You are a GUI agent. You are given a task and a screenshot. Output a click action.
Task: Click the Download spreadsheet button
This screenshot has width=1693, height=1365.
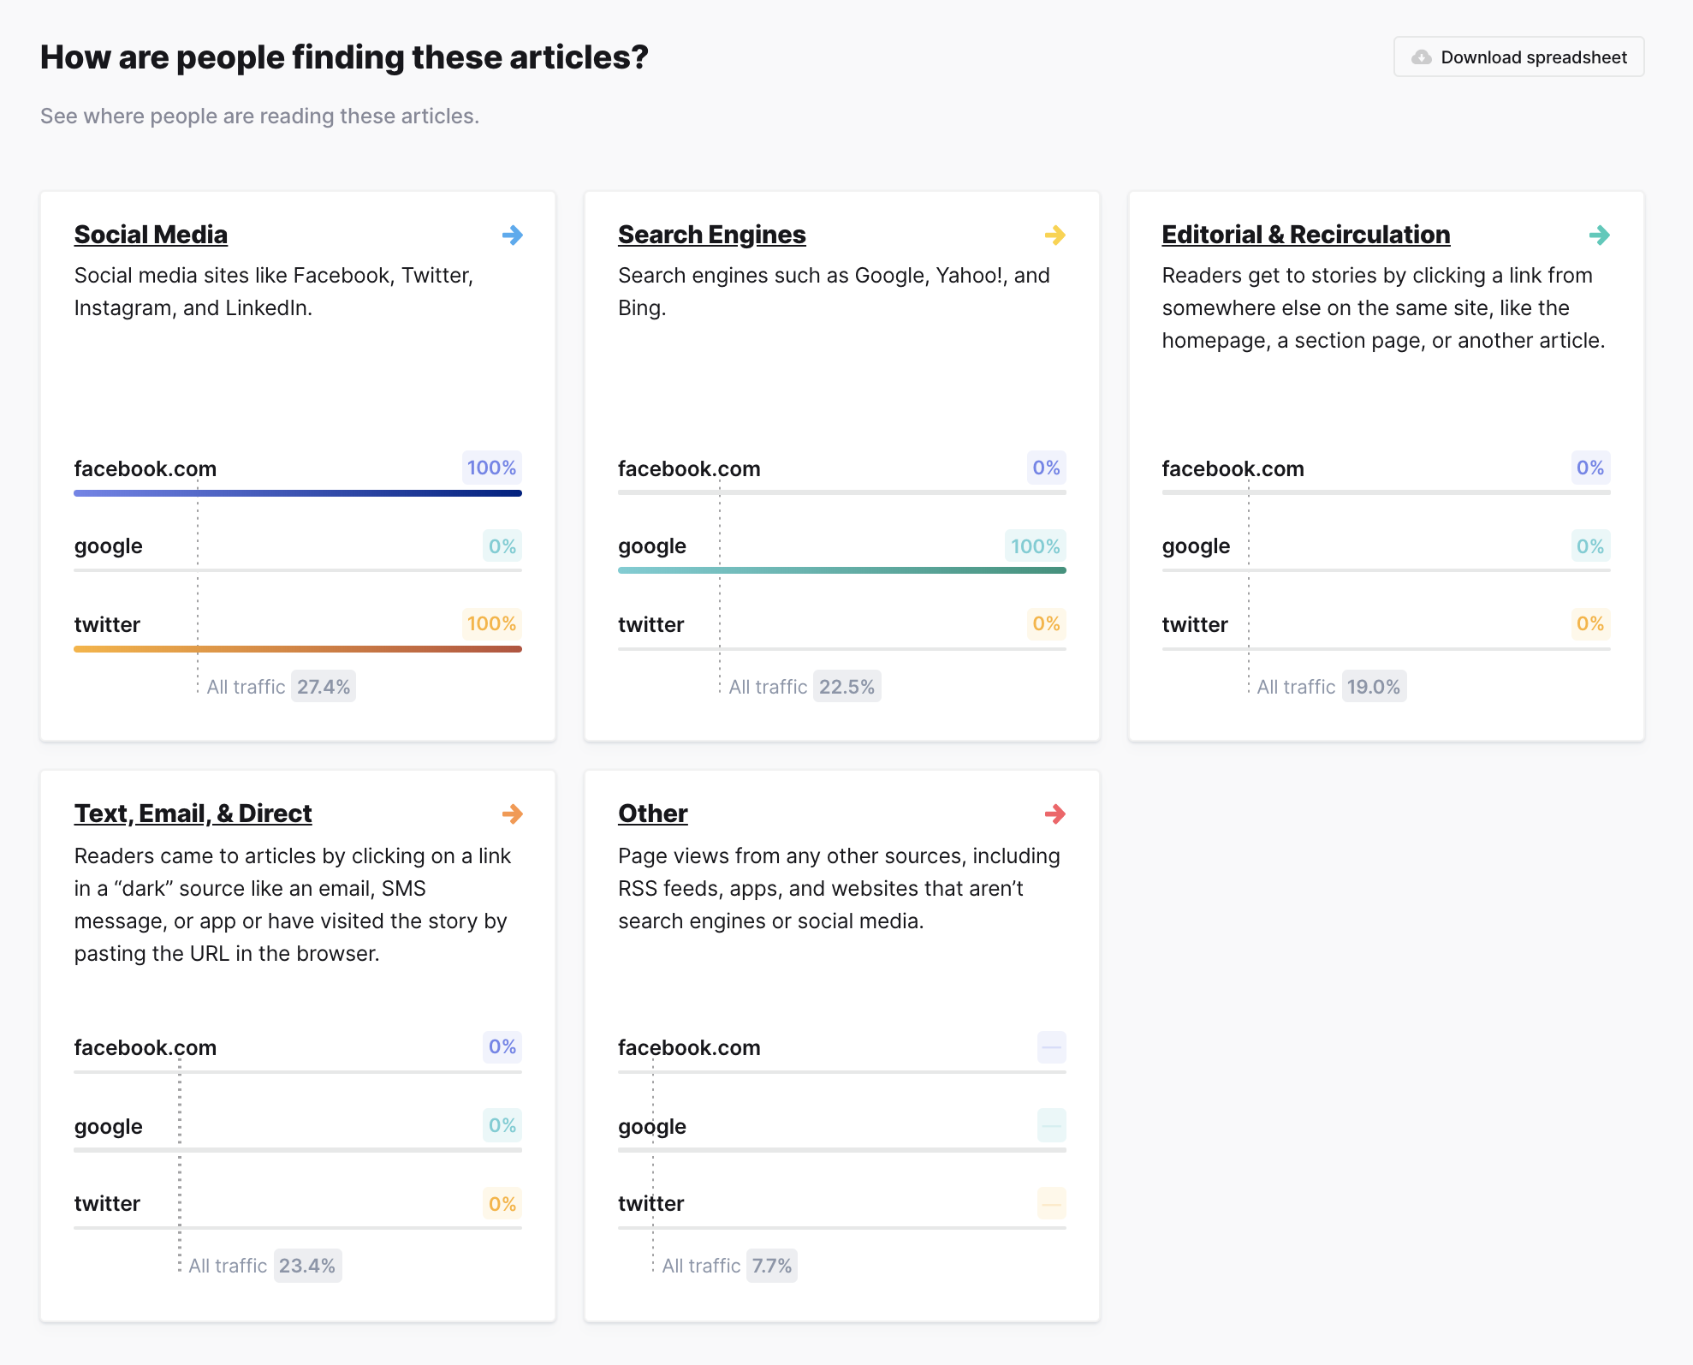[x=1518, y=57]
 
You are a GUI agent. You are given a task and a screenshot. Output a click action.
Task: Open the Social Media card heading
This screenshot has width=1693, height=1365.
[x=151, y=235]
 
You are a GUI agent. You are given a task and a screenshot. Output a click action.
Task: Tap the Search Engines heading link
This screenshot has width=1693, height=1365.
[x=711, y=235]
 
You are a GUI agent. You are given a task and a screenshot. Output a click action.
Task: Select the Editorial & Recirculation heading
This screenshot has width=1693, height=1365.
[x=1305, y=235]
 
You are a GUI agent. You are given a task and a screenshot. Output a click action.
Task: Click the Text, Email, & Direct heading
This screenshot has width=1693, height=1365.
[x=193, y=814]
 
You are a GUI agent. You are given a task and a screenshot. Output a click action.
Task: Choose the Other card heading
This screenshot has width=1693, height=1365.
[x=652, y=814]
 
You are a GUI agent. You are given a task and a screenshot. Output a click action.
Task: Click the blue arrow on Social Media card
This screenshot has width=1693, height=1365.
[x=513, y=235]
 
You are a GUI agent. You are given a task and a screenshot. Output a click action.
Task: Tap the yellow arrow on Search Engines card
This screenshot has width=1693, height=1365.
[x=1055, y=235]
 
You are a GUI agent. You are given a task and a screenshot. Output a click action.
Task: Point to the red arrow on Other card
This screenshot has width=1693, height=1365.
[x=1055, y=814]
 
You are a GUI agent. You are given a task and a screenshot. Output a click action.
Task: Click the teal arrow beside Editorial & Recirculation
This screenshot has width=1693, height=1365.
[x=1599, y=235]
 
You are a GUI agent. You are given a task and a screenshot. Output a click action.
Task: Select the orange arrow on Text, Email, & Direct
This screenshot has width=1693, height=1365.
[x=513, y=814]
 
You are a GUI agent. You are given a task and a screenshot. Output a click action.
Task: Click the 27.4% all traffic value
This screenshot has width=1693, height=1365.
[x=324, y=687]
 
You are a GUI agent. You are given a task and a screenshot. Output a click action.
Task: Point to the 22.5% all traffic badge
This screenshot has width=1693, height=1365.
[x=846, y=687]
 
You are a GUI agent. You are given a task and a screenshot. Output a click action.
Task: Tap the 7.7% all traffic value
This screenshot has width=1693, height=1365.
[x=771, y=1266]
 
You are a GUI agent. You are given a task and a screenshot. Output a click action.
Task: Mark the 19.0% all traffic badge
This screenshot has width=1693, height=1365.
[x=1374, y=687]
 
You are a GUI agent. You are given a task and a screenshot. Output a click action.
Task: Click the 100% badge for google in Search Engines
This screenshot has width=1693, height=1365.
[x=1035, y=546]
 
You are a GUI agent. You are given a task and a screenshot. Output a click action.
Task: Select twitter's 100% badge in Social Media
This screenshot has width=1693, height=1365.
[x=491, y=623]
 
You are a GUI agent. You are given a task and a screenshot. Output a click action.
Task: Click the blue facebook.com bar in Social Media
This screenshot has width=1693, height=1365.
[x=298, y=493]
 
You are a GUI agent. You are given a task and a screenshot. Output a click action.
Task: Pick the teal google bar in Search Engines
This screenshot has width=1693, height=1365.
[x=841, y=570]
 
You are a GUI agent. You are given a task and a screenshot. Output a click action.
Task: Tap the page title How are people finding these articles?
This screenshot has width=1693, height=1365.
[x=344, y=57]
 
